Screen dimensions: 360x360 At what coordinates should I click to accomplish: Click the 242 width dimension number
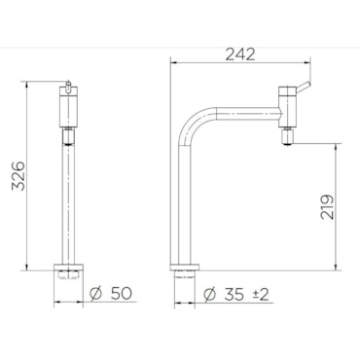240,54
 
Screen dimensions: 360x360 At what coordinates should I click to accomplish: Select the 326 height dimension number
18,175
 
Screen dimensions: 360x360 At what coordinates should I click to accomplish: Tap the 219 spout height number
327,207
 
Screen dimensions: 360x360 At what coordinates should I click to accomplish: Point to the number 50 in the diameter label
122,294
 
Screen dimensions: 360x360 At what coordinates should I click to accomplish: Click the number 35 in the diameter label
234,295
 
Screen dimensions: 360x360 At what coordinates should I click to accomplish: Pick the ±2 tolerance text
261,295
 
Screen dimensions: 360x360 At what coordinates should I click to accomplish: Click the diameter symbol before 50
96,294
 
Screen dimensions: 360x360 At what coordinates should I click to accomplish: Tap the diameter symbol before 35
209,295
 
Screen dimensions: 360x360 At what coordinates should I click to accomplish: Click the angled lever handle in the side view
304,87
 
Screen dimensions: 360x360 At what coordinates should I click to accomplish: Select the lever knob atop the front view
68,87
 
